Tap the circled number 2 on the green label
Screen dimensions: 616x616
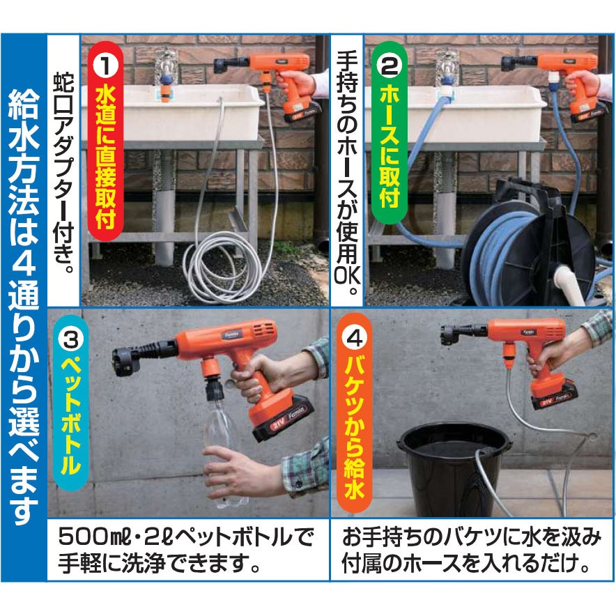click(x=390, y=66)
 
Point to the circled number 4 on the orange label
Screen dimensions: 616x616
click(x=354, y=338)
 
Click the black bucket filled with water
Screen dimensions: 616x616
click(x=454, y=470)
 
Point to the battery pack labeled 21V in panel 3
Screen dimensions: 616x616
click(x=284, y=417)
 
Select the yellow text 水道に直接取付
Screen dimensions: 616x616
click(x=105, y=156)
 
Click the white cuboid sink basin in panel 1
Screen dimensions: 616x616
click(x=173, y=114)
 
